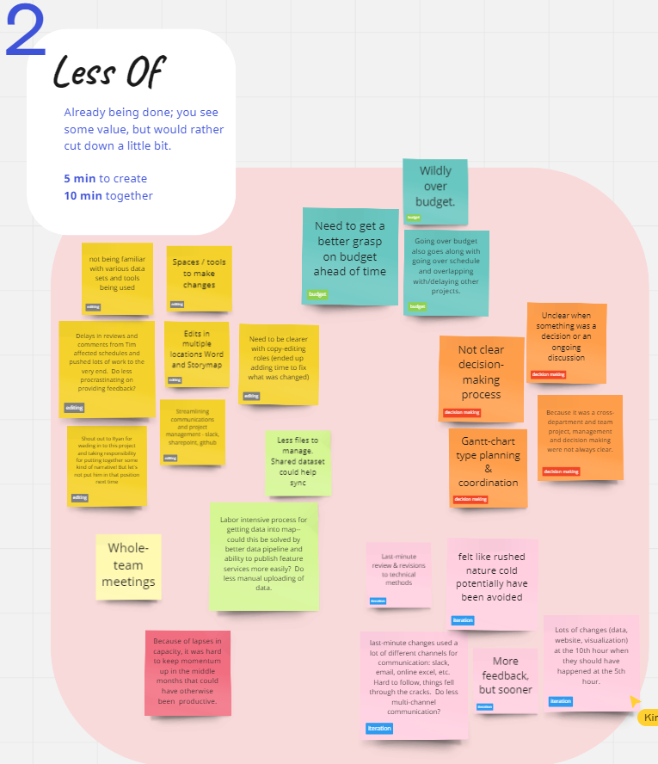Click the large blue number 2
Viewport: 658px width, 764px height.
click(x=26, y=34)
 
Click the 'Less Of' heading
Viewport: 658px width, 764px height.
click(x=108, y=72)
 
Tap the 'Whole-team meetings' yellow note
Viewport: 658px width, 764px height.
click(x=129, y=566)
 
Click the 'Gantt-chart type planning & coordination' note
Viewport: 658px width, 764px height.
click(x=488, y=467)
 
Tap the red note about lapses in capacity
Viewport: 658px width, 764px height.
click(x=188, y=673)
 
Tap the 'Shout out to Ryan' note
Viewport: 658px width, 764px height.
click(x=107, y=465)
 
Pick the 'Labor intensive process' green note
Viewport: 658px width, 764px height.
click(x=263, y=556)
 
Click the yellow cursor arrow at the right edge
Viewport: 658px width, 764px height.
click(x=635, y=700)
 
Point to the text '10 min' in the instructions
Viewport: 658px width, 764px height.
click(x=83, y=195)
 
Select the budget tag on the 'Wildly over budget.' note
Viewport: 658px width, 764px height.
click(x=414, y=218)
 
